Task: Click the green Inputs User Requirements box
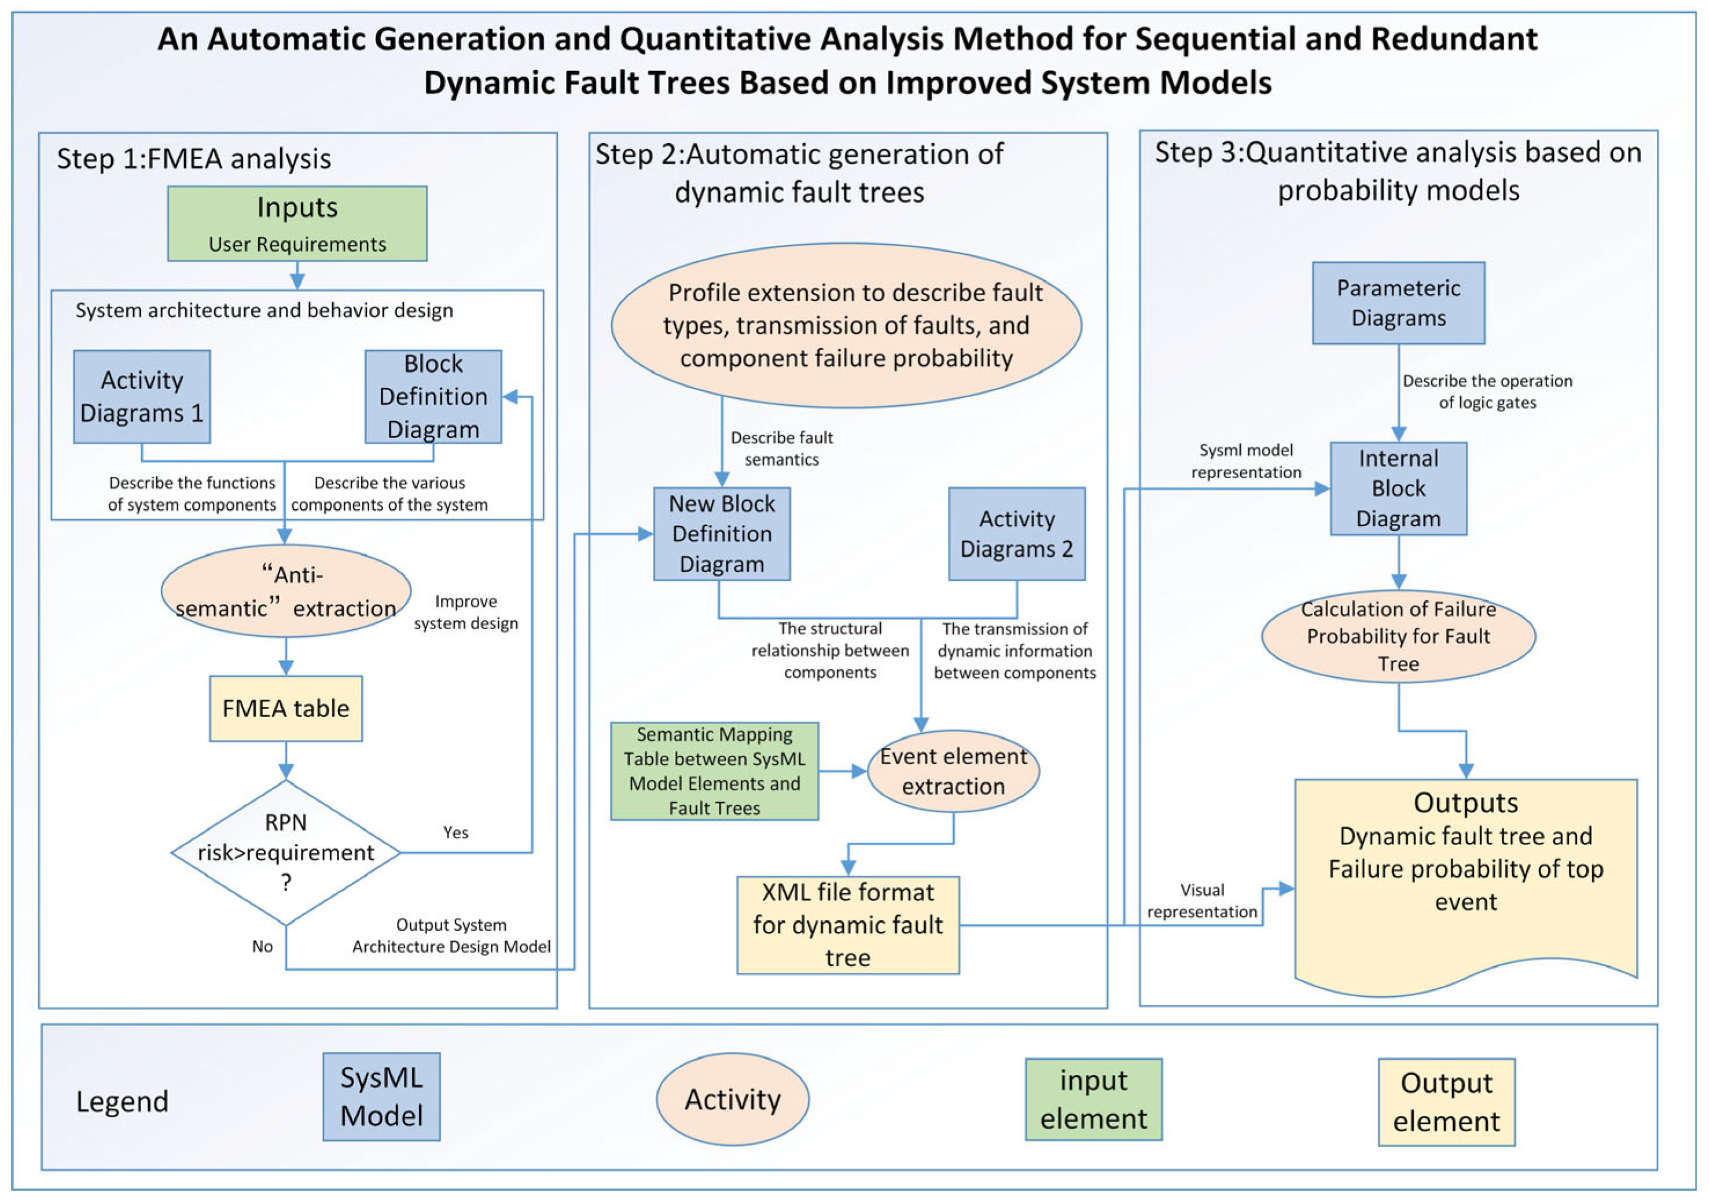297,223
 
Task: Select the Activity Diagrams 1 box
141,397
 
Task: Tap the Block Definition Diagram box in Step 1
433,397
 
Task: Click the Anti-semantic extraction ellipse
286,591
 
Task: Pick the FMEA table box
286,708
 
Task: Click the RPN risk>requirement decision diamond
286,853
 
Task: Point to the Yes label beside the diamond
455,832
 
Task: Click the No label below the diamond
262,946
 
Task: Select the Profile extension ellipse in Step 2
846,325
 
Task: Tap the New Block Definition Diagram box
721,534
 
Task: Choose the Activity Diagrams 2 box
1017,534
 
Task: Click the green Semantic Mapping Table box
715,772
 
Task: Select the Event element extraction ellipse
954,772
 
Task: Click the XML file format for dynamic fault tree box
848,926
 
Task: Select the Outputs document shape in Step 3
1465,879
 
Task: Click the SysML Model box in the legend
381,1097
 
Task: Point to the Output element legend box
1446,1102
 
